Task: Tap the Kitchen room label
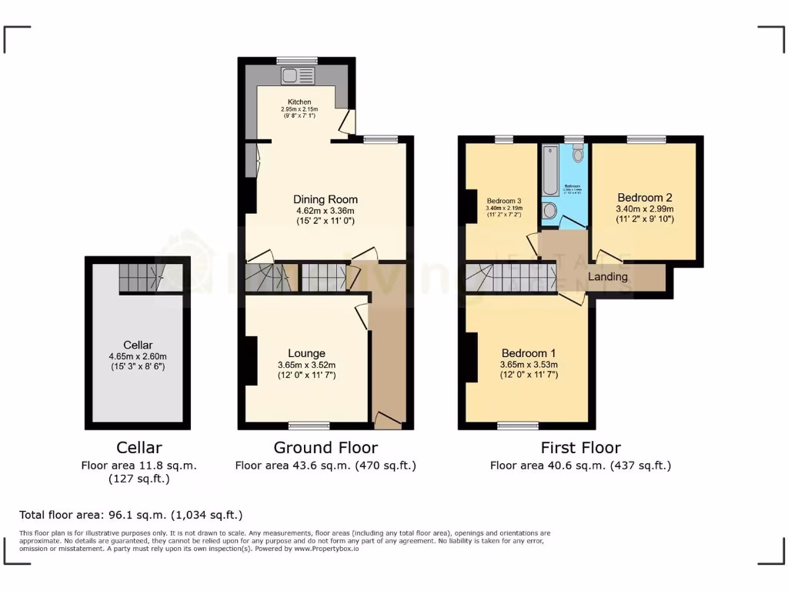tap(299, 102)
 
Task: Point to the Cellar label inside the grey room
tap(138, 345)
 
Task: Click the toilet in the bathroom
tap(578, 153)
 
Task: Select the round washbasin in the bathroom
tap(550, 211)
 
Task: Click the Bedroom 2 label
tap(644, 196)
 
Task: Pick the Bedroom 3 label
tap(504, 202)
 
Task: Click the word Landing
tap(608, 277)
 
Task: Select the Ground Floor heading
tap(326, 447)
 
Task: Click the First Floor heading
tap(580, 447)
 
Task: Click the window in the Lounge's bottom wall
tap(309, 425)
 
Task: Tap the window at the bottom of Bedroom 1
tap(518, 425)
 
